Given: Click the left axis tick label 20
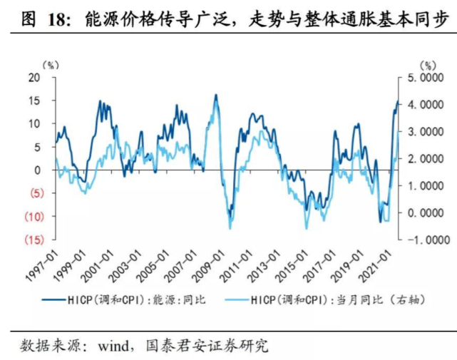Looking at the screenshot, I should pyautogui.click(x=33, y=77).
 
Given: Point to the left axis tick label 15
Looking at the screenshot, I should pyautogui.click(x=33, y=101).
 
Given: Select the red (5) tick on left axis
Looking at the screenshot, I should pyautogui.click(x=31, y=193).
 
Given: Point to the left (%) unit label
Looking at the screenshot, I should pyautogui.click(x=52, y=65).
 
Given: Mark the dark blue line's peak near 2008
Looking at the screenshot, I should pyautogui.click(x=215, y=94).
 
